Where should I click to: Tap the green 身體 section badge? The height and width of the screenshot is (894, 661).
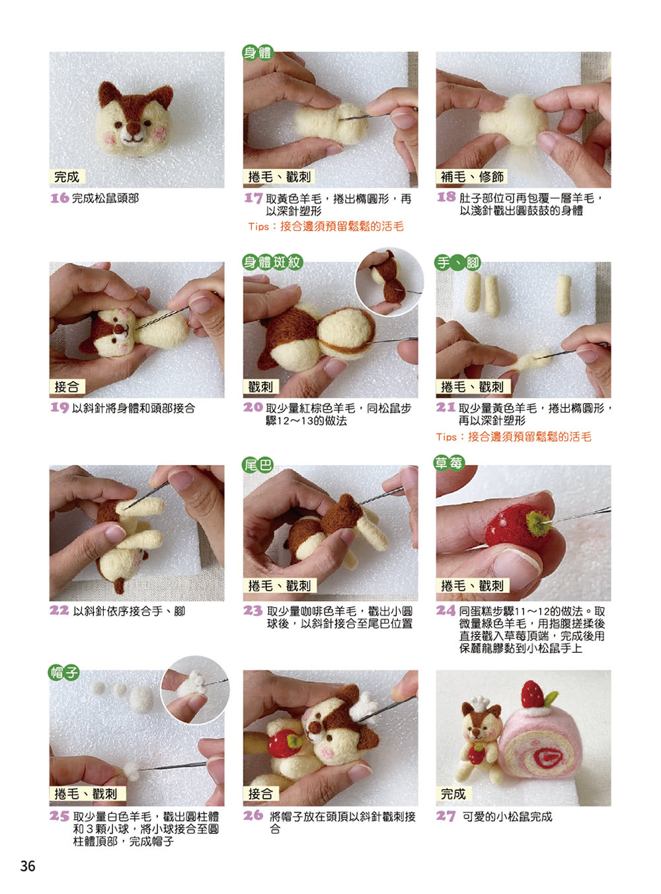point(258,52)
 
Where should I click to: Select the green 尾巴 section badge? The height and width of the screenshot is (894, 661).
point(258,465)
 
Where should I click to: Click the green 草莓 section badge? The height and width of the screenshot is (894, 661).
point(449,463)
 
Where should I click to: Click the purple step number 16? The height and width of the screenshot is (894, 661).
point(59,198)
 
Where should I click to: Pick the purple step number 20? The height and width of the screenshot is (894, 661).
point(253,407)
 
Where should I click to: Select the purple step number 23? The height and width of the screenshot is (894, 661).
point(253,611)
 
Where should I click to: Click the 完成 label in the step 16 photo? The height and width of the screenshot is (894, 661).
point(67,176)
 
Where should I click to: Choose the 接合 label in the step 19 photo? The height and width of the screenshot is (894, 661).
point(67,387)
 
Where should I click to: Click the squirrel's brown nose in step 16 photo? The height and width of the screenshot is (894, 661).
point(133,129)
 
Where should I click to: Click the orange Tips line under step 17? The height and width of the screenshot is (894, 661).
point(326,227)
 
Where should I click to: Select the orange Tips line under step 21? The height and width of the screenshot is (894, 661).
point(514,437)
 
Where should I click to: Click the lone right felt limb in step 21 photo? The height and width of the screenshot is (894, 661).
point(564,295)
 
